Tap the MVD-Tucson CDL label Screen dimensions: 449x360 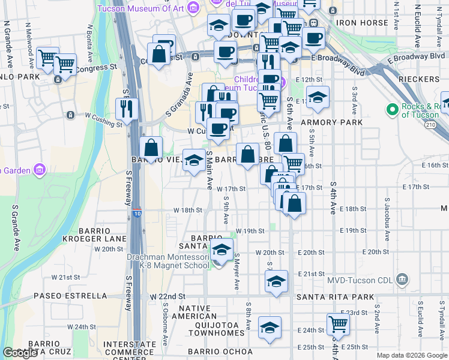click(361, 280)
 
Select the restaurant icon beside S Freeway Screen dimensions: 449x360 click(127, 109)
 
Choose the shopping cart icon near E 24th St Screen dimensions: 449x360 click(339, 325)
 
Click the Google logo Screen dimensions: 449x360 click(20, 353)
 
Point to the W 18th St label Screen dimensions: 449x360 click(188, 211)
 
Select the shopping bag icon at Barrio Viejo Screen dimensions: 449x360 click(151, 148)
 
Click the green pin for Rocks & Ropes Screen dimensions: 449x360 click(393, 110)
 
